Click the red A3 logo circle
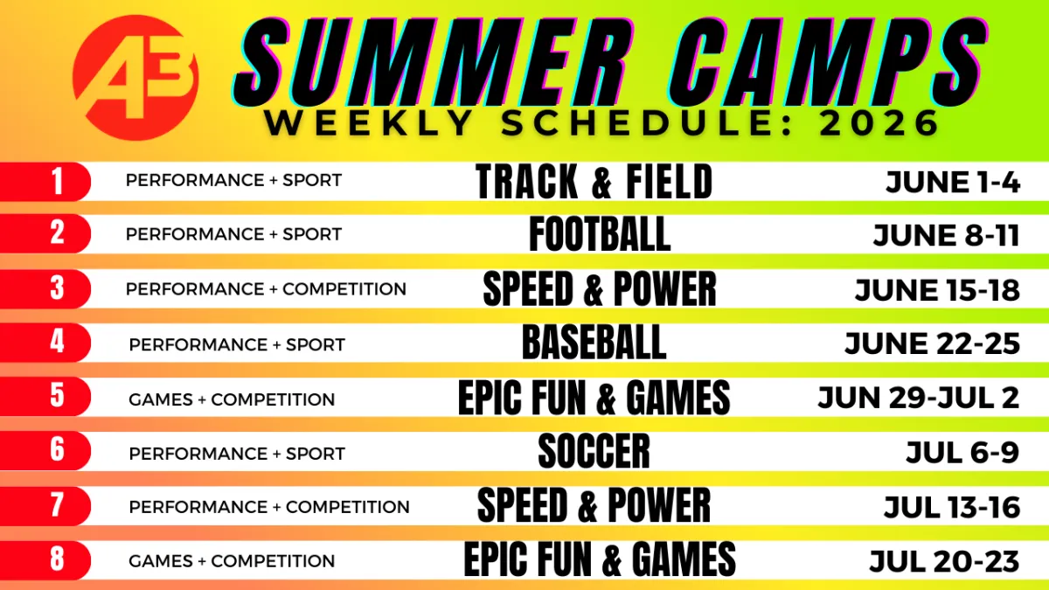[135, 78]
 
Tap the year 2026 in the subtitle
[879, 123]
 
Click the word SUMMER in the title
[434, 61]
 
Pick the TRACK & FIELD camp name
[594, 182]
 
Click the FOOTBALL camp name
[600, 234]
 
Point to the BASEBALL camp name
[594, 343]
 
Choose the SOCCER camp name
[594, 451]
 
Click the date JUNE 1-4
[953, 182]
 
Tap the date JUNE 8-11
[947, 235]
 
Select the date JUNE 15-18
[937, 290]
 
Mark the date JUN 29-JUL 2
[919, 398]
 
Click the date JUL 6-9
[962, 453]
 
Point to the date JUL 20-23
[945, 561]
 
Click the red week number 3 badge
[45, 288]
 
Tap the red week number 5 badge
[45, 396]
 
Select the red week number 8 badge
[45, 560]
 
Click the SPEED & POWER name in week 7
[594, 505]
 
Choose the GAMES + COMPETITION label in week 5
[232, 399]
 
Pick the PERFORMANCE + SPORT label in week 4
[237, 345]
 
